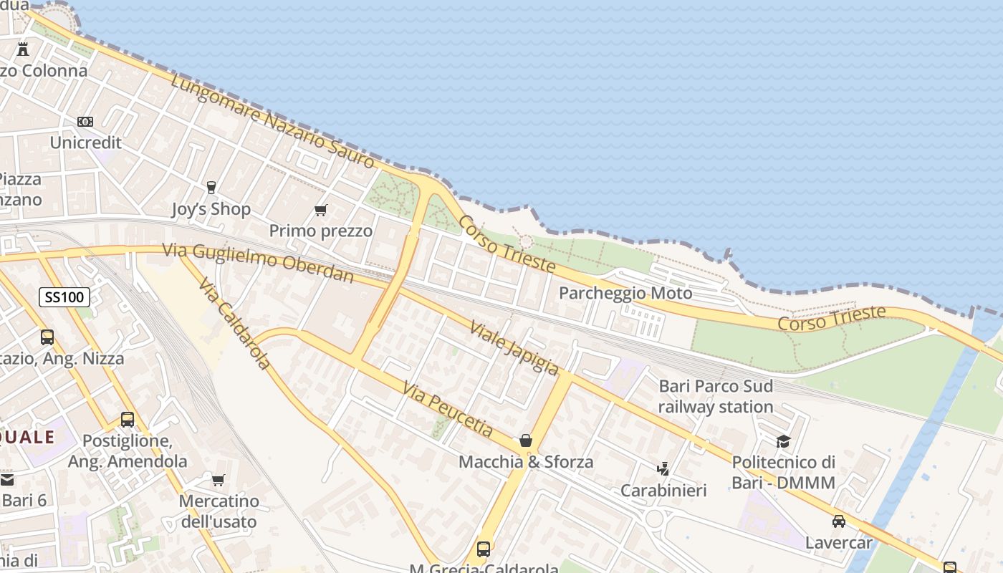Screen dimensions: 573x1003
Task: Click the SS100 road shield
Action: tap(64, 297)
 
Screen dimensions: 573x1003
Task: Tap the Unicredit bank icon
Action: tap(85, 122)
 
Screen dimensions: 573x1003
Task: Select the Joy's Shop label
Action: tap(211, 209)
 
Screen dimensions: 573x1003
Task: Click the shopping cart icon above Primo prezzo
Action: tap(320, 211)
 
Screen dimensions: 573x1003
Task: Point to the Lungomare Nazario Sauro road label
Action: tap(273, 121)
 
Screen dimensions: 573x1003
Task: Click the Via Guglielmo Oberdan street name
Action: tap(258, 262)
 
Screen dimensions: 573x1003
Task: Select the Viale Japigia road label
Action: tap(514, 348)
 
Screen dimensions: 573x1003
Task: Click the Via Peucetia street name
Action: tap(448, 409)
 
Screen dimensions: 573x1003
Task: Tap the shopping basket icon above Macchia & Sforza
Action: tap(526, 440)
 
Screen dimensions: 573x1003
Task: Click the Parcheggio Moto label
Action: tap(625, 293)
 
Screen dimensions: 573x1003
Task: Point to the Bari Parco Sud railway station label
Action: tap(716, 396)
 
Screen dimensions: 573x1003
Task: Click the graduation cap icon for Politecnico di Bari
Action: tap(783, 441)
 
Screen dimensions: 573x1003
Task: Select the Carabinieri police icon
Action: tap(663, 469)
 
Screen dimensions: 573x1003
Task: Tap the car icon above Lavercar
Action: tap(838, 521)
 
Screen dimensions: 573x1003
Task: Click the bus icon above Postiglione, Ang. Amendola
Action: tap(128, 420)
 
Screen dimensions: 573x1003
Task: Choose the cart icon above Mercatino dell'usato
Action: tap(218, 479)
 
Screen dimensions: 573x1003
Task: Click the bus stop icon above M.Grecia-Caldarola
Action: tap(484, 549)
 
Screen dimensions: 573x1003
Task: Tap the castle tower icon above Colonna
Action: tap(23, 49)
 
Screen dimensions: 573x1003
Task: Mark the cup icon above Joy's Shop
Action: tap(211, 188)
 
